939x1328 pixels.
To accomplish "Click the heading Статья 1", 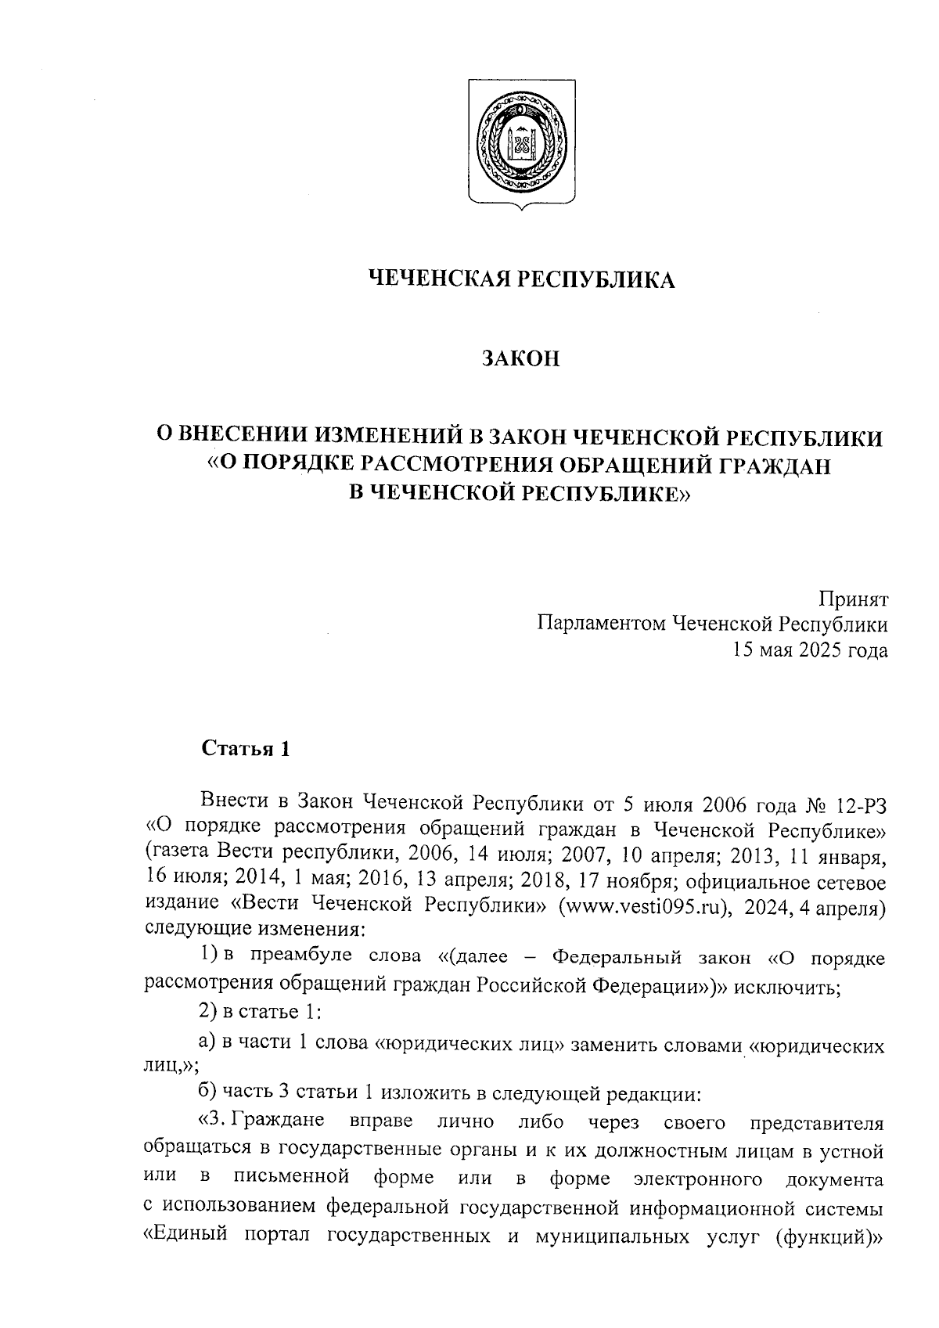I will tap(246, 749).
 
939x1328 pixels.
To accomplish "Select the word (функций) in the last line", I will tap(828, 1238).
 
